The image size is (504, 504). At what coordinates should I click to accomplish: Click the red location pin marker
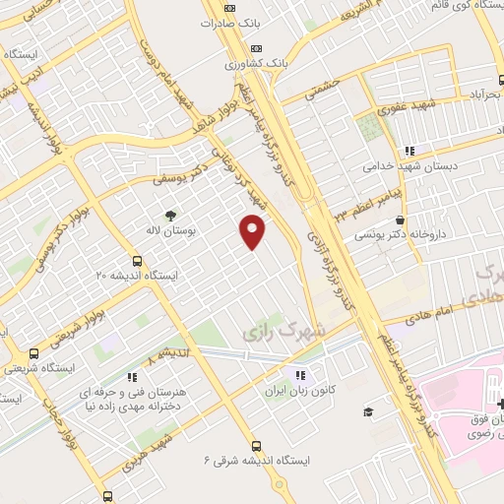pos(254,232)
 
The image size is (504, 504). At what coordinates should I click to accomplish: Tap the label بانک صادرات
pos(227,23)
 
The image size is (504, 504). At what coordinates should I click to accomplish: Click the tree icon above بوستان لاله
pos(172,214)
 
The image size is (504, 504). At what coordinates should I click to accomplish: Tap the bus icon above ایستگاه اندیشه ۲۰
pos(136,261)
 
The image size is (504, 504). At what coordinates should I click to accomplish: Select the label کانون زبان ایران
pos(301,390)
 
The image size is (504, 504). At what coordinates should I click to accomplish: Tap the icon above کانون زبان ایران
pos(301,374)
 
